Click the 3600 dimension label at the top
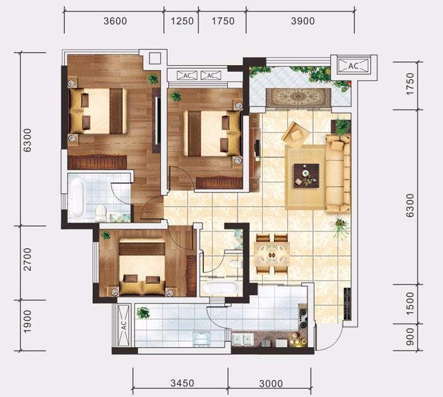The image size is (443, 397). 115,21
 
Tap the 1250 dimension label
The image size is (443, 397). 182,21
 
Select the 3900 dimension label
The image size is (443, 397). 303,21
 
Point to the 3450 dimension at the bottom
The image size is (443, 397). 182,383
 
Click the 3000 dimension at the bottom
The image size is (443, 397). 271,384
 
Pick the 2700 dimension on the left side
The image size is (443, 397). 27,260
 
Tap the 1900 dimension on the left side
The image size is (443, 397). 27,322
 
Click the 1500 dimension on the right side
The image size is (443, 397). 410,303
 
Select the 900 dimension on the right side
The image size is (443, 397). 410,336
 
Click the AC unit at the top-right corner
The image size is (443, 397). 353,66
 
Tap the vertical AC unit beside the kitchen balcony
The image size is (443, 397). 123,326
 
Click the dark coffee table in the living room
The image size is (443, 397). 306,176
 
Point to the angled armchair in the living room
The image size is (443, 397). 296,135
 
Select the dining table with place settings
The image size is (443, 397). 271,254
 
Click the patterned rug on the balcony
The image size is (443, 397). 298,97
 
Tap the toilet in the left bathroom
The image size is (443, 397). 101,214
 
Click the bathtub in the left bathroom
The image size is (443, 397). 77,199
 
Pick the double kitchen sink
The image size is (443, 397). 242,339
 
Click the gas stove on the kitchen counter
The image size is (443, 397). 303,319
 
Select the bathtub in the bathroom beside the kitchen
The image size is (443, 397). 221,288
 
